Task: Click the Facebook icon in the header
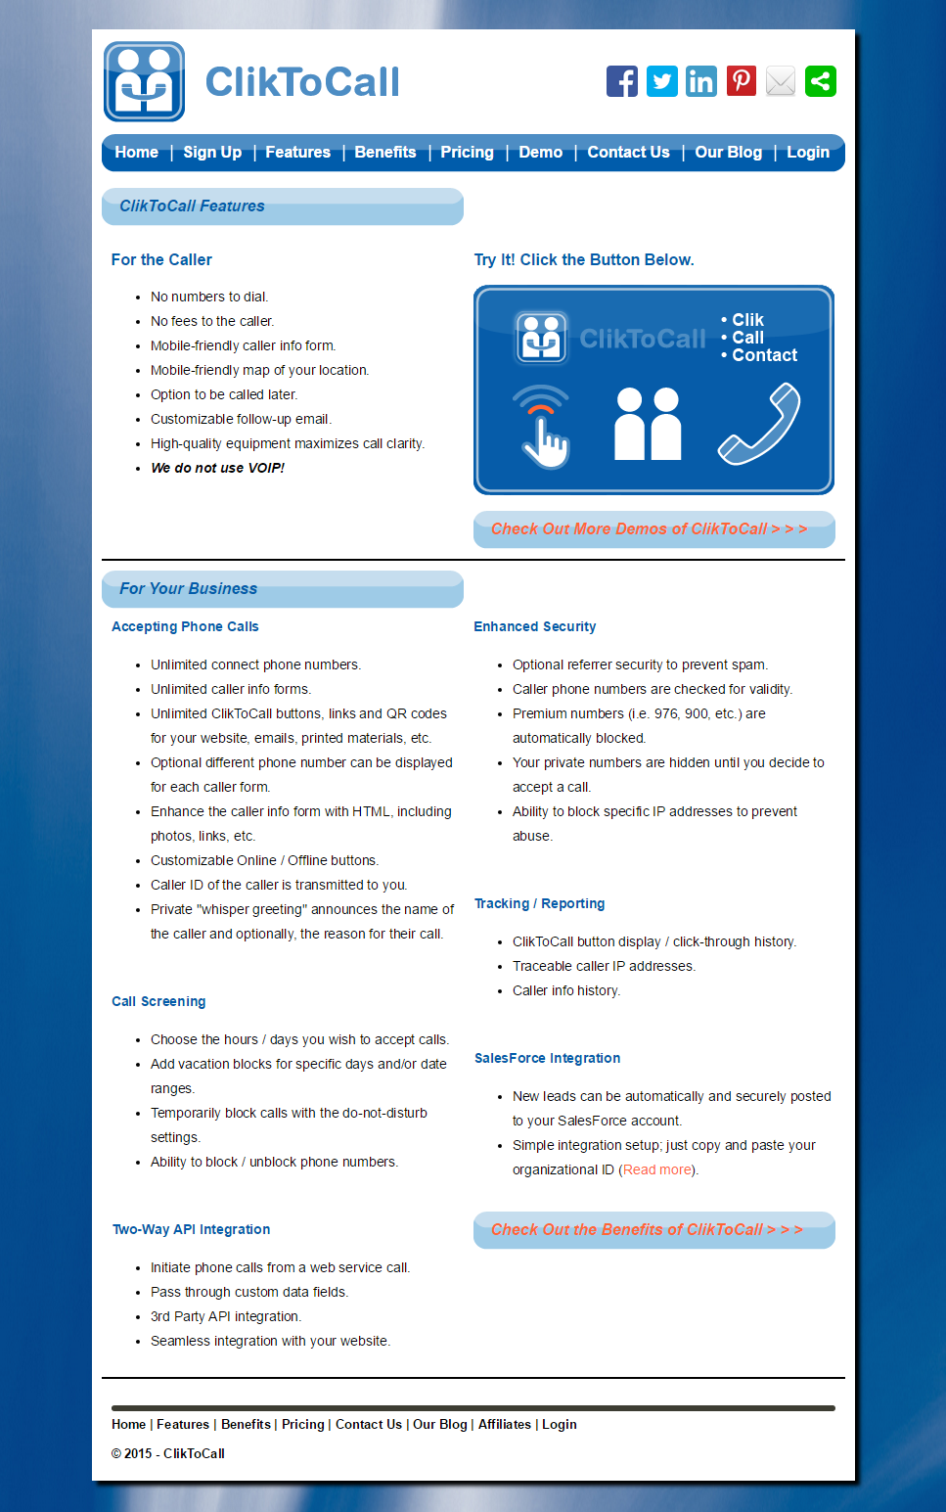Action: click(622, 81)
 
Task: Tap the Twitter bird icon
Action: click(662, 81)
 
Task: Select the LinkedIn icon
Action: click(701, 81)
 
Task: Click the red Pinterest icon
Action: click(742, 81)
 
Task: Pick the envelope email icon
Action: click(781, 81)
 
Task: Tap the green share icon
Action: click(821, 81)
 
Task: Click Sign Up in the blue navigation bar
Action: click(212, 153)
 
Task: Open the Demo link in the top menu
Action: click(540, 153)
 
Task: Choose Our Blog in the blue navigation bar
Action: click(728, 153)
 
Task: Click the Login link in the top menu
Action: click(808, 153)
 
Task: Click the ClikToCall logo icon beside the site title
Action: click(145, 82)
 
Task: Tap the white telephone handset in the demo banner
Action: click(760, 424)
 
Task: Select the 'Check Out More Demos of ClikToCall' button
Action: click(653, 529)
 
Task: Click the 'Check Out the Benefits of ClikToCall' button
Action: click(653, 1230)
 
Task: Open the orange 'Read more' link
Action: click(657, 1170)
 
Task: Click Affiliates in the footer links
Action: click(505, 1425)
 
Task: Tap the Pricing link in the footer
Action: click(303, 1425)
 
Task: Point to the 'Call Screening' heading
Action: click(158, 1002)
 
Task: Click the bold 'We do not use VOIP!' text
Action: click(217, 469)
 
